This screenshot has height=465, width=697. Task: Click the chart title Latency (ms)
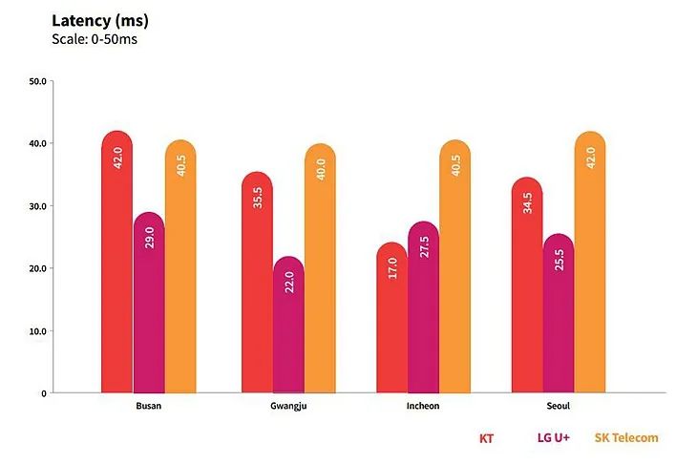100,20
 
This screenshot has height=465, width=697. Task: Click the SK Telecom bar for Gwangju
320,268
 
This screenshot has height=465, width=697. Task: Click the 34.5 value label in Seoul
527,203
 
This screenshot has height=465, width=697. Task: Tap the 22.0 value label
288,283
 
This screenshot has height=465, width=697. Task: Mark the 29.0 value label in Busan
149,238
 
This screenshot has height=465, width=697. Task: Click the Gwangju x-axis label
288,407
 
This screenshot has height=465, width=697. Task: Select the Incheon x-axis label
423,407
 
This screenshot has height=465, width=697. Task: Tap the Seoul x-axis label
559,407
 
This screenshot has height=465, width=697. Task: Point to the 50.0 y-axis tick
38,81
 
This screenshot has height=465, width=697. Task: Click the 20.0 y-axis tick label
38,268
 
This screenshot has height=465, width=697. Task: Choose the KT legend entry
485,438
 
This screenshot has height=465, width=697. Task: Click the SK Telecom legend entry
626,438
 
